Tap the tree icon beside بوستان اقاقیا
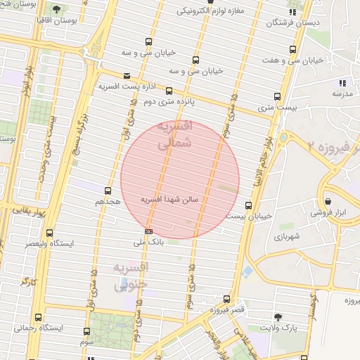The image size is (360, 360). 57,10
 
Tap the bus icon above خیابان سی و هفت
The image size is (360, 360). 293,49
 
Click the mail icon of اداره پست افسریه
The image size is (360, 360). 127,76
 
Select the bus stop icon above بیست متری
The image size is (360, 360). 277,97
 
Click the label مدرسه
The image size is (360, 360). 342,94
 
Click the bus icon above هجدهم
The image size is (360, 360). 108,191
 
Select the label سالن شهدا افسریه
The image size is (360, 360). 170,200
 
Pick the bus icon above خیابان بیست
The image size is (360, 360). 248,205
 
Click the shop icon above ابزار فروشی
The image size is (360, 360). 325,200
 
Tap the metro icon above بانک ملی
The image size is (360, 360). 148,231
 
